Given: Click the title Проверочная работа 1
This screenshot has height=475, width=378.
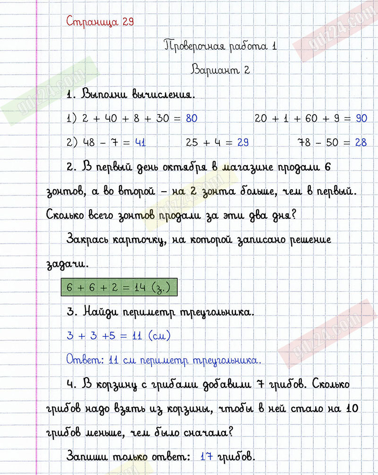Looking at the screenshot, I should [220, 46].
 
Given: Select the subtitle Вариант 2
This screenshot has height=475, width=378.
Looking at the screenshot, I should [220, 70].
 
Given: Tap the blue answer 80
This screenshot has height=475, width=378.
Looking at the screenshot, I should [191, 118].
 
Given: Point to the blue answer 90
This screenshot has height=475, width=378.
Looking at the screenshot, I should [361, 118].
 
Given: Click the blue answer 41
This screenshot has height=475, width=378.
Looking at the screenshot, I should [140, 142].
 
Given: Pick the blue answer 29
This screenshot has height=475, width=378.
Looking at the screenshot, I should [243, 142].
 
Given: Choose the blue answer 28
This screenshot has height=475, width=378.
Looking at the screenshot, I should [361, 142].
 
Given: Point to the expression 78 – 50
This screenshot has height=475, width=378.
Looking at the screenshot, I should [318, 142].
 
